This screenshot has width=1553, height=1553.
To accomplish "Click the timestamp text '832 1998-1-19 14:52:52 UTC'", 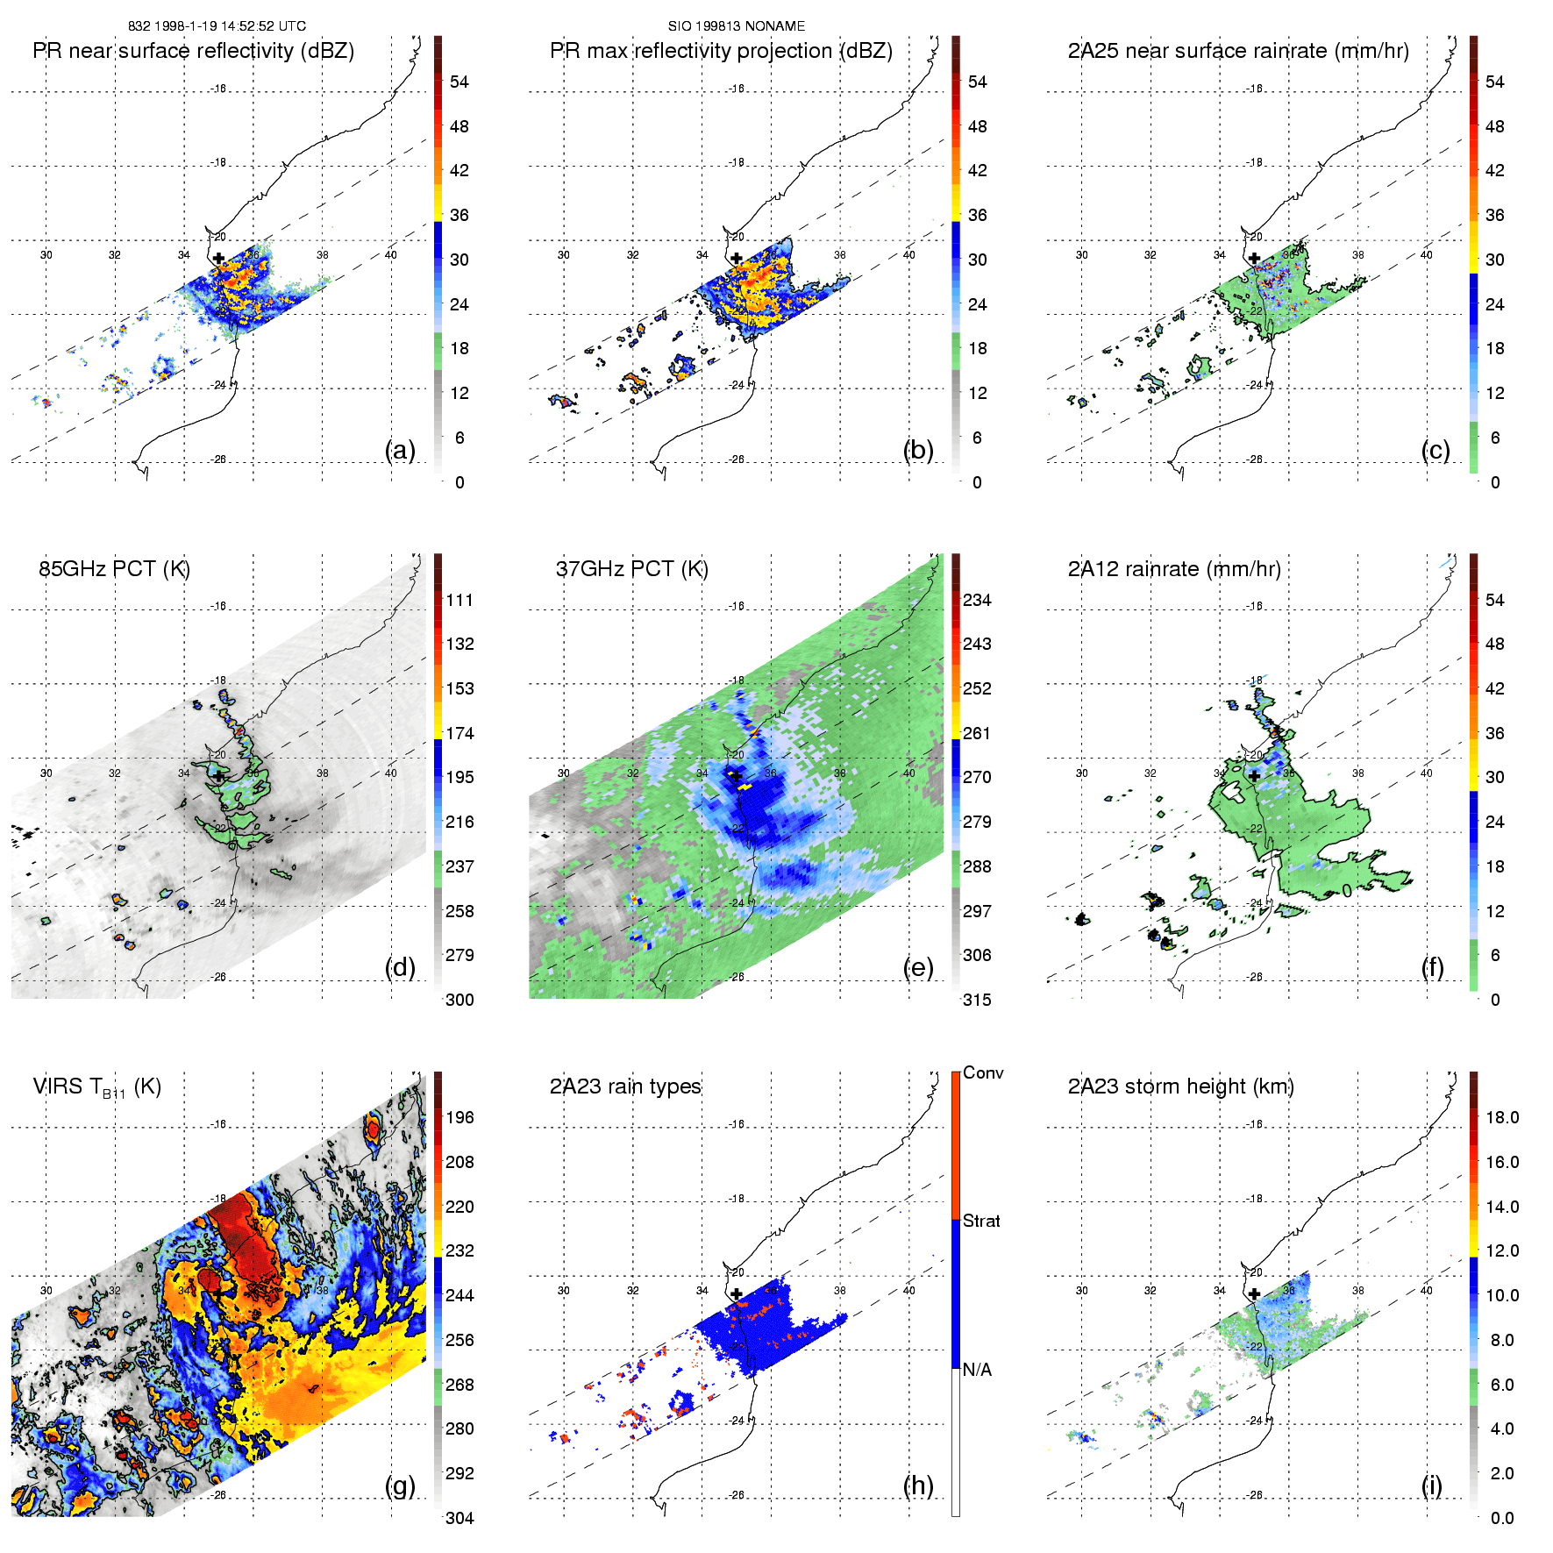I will click(x=217, y=26).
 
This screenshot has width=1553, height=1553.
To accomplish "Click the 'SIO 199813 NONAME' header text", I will click(x=736, y=26).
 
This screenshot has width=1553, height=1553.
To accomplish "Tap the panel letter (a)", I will click(x=400, y=451).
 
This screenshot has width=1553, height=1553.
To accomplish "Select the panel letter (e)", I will click(x=918, y=968).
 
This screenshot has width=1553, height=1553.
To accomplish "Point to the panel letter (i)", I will click(x=1432, y=1485).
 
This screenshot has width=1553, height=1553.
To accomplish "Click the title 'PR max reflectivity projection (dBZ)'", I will click(x=721, y=51).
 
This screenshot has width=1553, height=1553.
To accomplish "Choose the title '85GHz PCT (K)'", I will click(x=114, y=569).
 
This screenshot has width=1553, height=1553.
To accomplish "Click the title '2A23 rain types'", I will click(x=625, y=1086).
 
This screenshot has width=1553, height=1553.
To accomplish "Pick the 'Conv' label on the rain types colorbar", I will click(x=983, y=1073).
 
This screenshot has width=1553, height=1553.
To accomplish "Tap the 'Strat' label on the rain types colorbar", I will click(x=981, y=1222).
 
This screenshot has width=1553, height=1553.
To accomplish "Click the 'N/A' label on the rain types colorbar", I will click(x=976, y=1370).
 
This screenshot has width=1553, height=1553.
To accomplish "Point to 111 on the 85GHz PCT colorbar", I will click(x=459, y=601).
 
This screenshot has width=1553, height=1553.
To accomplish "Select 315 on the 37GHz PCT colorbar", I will click(x=977, y=1001).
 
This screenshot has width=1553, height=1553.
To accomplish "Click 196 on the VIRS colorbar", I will click(x=459, y=1118).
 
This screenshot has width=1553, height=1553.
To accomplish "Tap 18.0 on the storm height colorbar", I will click(x=1501, y=1118).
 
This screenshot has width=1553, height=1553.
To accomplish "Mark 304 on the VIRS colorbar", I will click(x=459, y=1518).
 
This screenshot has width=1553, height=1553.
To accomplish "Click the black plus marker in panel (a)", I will click(x=218, y=259).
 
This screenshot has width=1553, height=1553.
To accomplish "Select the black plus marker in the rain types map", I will click(x=737, y=1294).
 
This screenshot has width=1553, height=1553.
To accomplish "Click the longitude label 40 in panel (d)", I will click(x=391, y=773).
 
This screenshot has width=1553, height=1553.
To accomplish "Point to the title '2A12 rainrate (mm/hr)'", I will click(x=1174, y=569).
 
